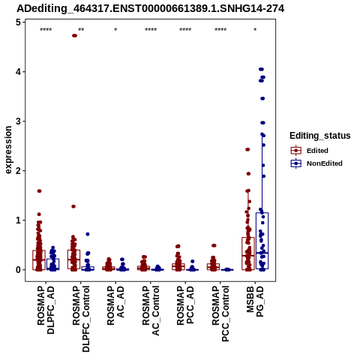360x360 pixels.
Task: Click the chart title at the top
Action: (151, 9)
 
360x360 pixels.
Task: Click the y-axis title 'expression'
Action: (8, 150)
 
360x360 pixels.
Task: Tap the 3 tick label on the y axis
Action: (19, 121)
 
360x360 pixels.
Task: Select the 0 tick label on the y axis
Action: (19, 270)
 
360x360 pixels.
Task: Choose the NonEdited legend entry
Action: (316, 163)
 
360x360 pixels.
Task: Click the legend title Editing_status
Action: (320, 136)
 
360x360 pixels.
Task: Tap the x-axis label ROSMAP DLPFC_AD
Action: (46, 310)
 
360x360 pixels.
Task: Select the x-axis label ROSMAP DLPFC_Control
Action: (81, 319)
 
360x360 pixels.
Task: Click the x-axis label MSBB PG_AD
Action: (255, 301)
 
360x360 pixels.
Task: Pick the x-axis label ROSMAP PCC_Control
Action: (220, 313)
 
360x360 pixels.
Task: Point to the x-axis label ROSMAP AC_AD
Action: (115, 305)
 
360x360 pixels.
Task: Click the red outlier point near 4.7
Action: (74, 35)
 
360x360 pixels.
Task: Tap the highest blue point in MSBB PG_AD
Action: (261, 69)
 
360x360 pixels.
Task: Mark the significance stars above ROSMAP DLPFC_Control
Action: (81, 30)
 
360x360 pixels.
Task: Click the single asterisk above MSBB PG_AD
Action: (255, 30)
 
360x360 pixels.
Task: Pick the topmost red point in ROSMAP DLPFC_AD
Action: (39, 191)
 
